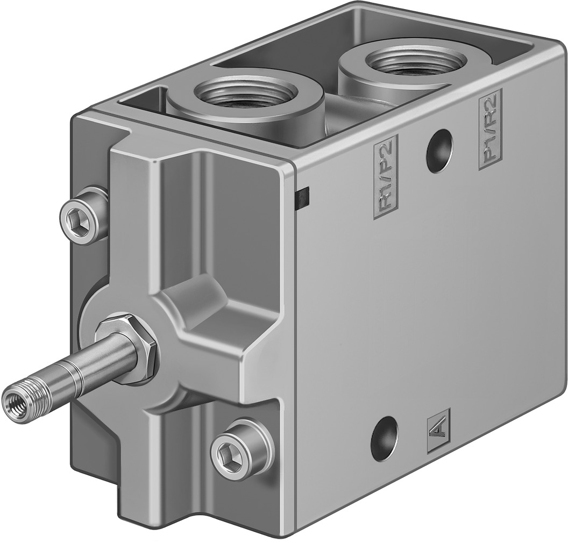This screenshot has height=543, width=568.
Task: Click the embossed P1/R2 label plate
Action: coord(489,129)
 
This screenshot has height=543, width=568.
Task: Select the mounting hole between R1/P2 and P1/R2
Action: coord(439,151)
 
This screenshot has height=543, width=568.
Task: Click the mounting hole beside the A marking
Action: coord(385,438)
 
